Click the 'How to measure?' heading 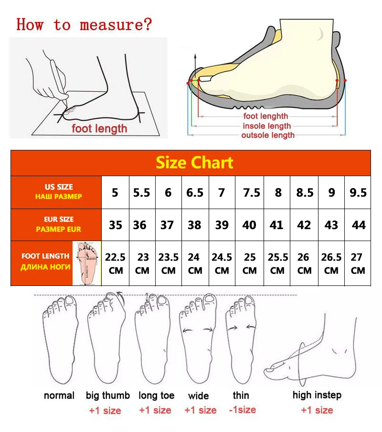point(84,24)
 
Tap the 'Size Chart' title point(194,163)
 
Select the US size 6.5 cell point(195,192)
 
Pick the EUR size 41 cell point(276,225)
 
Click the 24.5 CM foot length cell point(222,263)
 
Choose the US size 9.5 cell point(358,192)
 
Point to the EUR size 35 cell point(116,225)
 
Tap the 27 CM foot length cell point(358,263)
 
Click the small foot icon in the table point(86,263)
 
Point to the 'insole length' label point(266,126)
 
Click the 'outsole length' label point(268,135)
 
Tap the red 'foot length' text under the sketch point(99,128)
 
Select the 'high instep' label point(317,395)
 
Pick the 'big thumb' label point(108,395)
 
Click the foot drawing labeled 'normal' point(59,337)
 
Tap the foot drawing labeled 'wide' point(198,337)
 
